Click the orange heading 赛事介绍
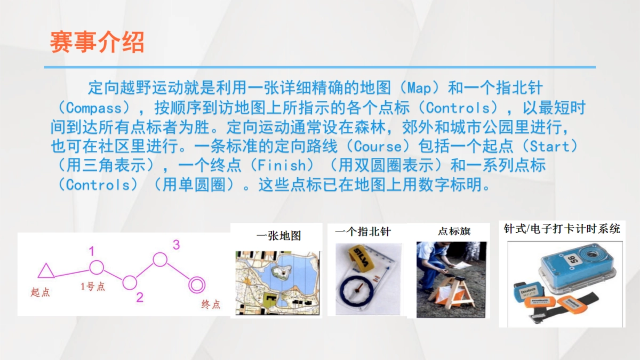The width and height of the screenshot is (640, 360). (x=97, y=42)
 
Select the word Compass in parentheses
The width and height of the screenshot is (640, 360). (x=94, y=108)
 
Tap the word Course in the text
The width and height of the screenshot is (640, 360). (x=377, y=146)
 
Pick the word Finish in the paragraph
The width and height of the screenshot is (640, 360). (x=282, y=165)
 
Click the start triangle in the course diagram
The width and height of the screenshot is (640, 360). (x=46, y=271)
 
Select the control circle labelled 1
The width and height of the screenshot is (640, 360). (x=96, y=267)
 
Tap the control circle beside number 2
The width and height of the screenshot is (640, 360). (x=130, y=282)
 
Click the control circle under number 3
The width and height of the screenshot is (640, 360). (x=160, y=259)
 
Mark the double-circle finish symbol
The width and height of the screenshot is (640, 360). (x=197, y=284)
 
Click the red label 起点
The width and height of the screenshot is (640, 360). (x=40, y=292)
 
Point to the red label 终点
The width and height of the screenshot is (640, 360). (x=211, y=305)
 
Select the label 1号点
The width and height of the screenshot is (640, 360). (x=93, y=287)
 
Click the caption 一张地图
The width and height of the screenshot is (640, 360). (x=279, y=235)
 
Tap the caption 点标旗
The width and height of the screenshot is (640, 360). (x=454, y=231)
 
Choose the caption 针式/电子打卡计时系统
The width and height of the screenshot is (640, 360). (x=562, y=229)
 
